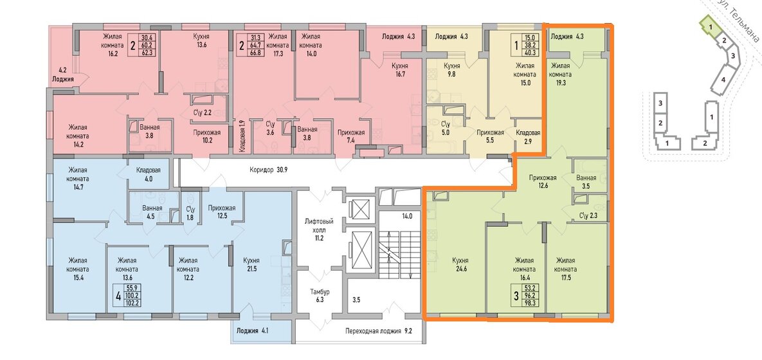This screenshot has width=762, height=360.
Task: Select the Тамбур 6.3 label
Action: (320, 296)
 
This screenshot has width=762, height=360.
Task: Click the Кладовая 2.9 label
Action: (528, 136)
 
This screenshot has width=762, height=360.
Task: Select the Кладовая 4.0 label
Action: (149, 174)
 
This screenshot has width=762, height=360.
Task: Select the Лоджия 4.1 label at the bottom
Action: (251, 332)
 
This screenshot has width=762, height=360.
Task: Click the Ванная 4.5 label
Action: (149, 213)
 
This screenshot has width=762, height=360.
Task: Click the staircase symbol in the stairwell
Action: (399, 255)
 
